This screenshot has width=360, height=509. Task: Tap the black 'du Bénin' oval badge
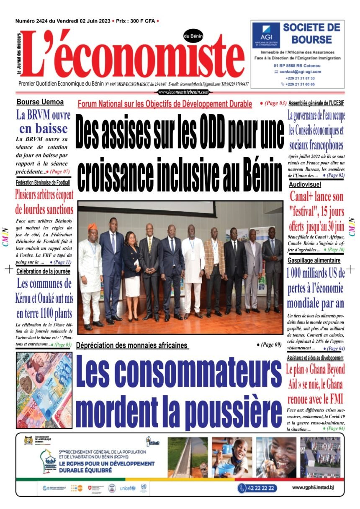tap(193, 36)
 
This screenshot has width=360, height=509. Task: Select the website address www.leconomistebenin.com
tap(183, 92)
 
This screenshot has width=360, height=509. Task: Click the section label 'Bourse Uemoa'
tap(40, 102)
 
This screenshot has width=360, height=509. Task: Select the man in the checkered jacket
tap(214, 270)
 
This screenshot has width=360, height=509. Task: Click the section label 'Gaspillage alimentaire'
tap(314, 260)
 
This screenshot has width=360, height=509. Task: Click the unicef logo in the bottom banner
tap(128, 488)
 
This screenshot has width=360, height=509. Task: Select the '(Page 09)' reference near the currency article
tap(268, 345)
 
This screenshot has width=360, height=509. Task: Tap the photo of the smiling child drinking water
tap(276, 457)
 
